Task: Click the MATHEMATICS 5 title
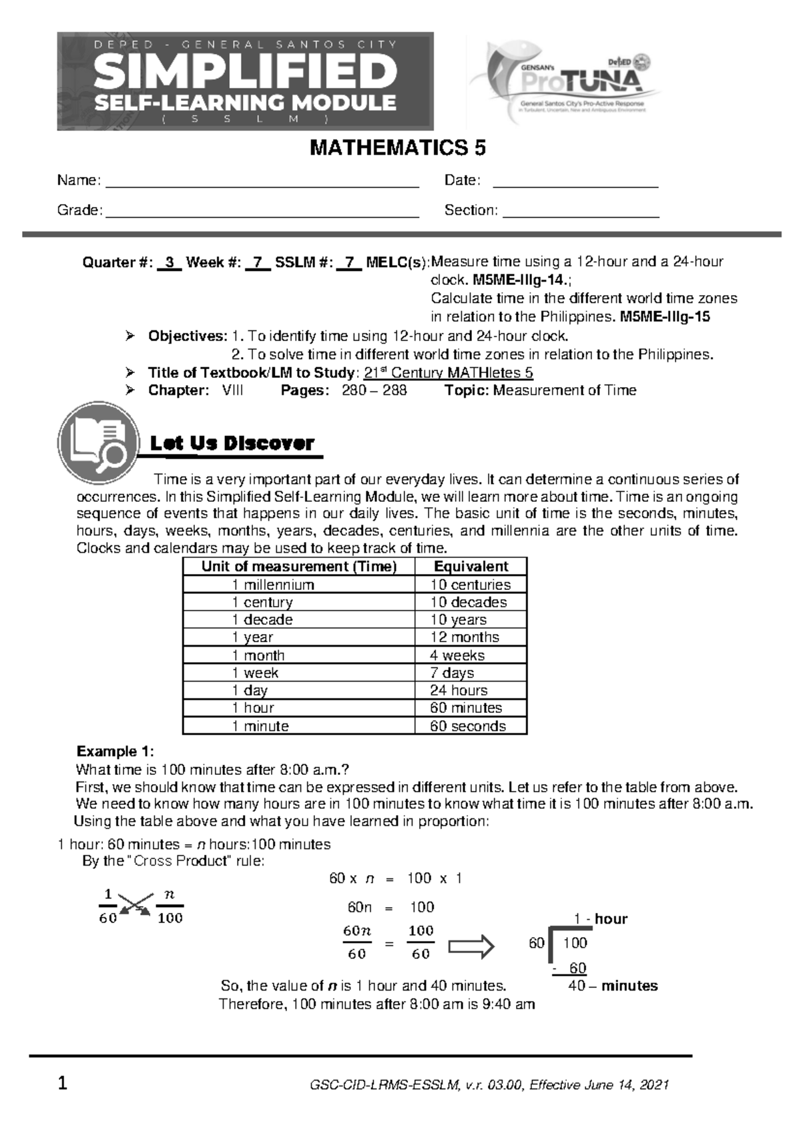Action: tap(397, 148)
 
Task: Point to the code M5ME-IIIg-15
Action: tap(665, 317)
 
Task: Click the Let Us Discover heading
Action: tap(232, 444)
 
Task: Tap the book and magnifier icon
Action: tap(99, 443)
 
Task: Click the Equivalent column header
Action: tap(471, 567)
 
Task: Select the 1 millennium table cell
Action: tap(273, 585)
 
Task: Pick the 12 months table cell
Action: tap(465, 637)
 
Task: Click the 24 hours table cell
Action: tap(459, 690)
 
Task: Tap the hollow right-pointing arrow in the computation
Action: tap(471, 945)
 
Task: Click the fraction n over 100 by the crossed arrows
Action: tap(170, 906)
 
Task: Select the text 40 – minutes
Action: tap(612, 986)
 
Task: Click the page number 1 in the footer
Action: tap(62, 1084)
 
